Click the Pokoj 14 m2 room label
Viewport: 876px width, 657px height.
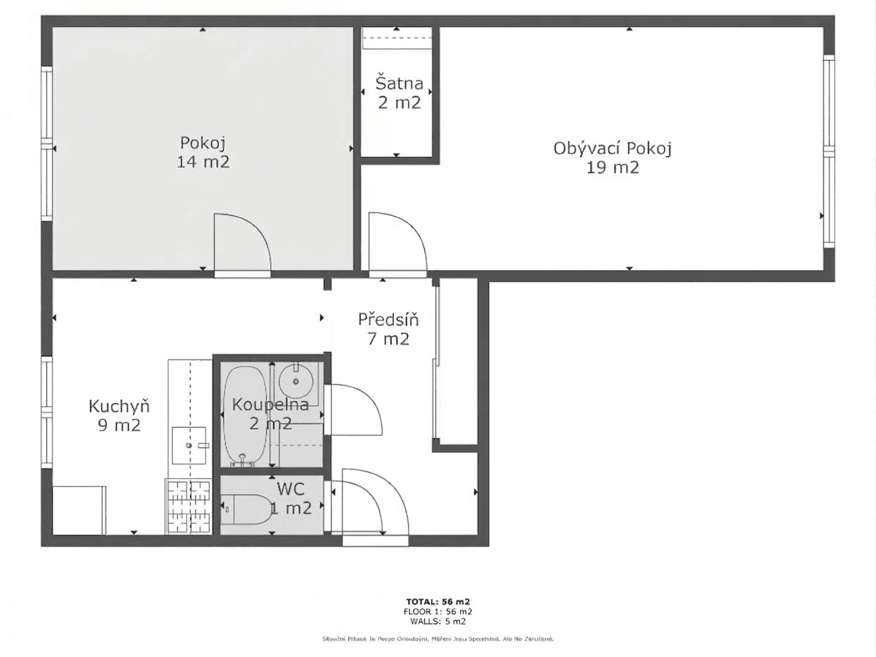pyautogui.click(x=203, y=152)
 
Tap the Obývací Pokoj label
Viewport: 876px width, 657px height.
pyautogui.click(x=612, y=157)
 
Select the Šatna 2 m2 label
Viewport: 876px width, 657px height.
pyautogui.click(x=399, y=93)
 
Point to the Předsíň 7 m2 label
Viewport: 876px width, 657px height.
pyautogui.click(x=388, y=328)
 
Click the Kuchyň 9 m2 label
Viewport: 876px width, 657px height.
pyautogui.click(x=119, y=415)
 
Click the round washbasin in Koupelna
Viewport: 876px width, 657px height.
pyautogui.click(x=296, y=381)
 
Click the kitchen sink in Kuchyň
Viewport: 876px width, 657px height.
pyautogui.click(x=189, y=445)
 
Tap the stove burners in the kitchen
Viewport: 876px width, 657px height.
pyautogui.click(x=189, y=506)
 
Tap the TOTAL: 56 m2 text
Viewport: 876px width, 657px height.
pyautogui.click(x=438, y=602)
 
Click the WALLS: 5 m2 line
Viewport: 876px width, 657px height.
pyautogui.click(x=438, y=621)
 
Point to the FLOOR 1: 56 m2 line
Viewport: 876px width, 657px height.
pyautogui.click(x=438, y=612)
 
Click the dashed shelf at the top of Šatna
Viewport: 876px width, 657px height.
pyautogui.click(x=397, y=38)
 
